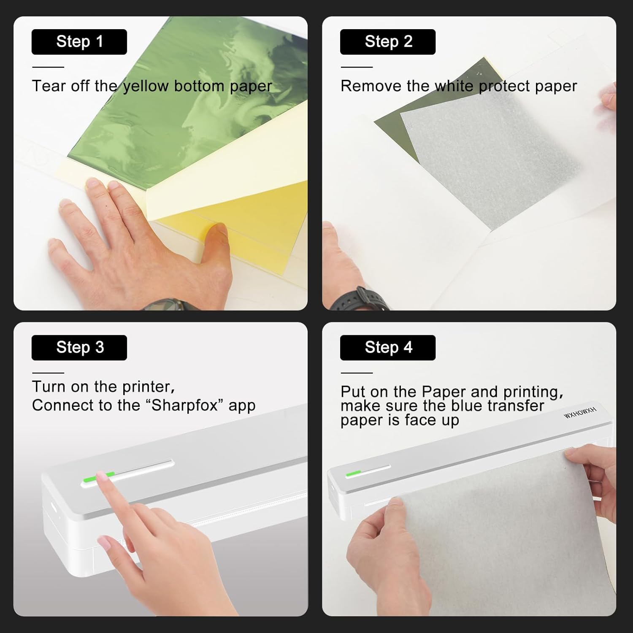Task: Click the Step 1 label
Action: tap(79, 42)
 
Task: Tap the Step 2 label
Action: tap(388, 42)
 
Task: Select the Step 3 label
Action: tap(79, 347)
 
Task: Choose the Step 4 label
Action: tap(388, 347)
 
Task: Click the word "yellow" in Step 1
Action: tap(146, 86)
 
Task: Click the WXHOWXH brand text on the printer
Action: tap(580, 413)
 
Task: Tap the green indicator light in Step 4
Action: tap(353, 473)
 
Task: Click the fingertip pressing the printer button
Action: tap(102, 476)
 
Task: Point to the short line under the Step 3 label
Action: tap(48, 373)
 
